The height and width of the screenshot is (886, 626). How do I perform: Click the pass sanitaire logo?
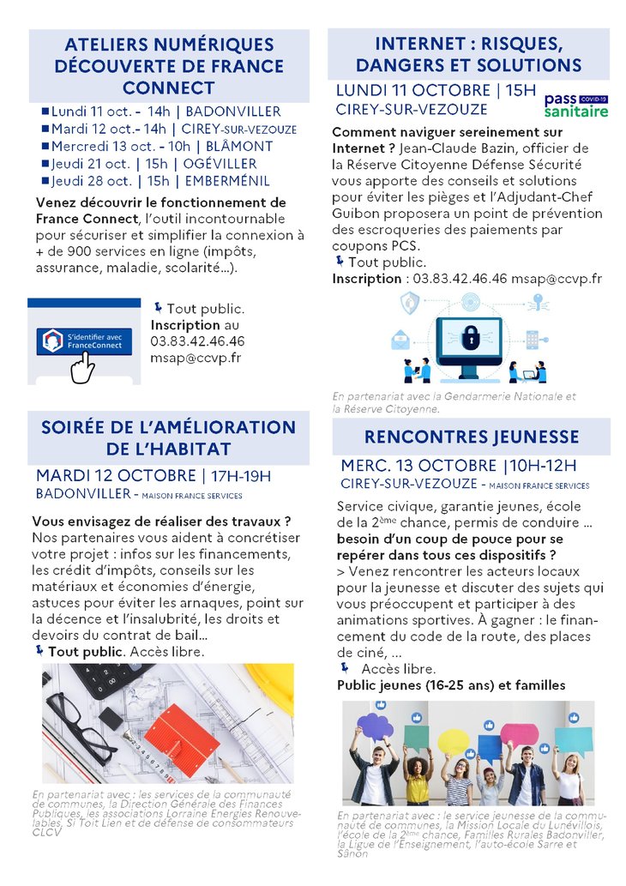(576, 105)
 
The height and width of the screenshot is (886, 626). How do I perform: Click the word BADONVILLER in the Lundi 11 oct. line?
(233, 112)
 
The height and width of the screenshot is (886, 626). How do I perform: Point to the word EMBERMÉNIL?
(226, 180)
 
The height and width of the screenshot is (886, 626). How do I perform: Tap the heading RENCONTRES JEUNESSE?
(472, 437)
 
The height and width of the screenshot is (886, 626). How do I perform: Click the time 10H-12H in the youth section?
(543, 466)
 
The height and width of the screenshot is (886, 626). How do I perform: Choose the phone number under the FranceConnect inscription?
(197, 341)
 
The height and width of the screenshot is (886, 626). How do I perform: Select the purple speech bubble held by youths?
(375, 726)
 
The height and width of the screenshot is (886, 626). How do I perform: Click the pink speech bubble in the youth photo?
(519, 733)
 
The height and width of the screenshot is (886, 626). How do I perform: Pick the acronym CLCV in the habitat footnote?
(48, 832)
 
